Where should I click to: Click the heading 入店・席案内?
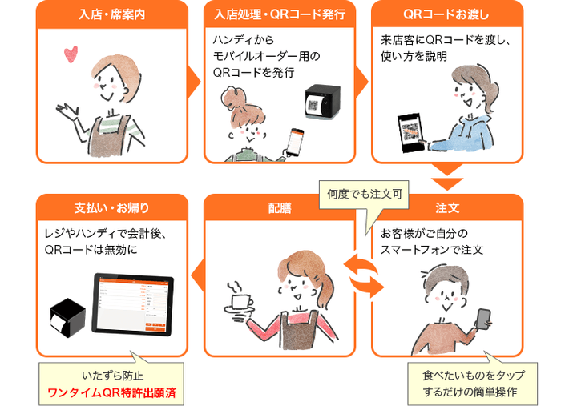[x=112, y=14]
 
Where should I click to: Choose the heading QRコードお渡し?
[x=446, y=14]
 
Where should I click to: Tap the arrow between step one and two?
[x=193, y=80]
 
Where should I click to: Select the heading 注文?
[x=446, y=208]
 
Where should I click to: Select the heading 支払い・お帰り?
[x=112, y=208]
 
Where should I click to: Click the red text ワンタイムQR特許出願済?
[x=112, y=393]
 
